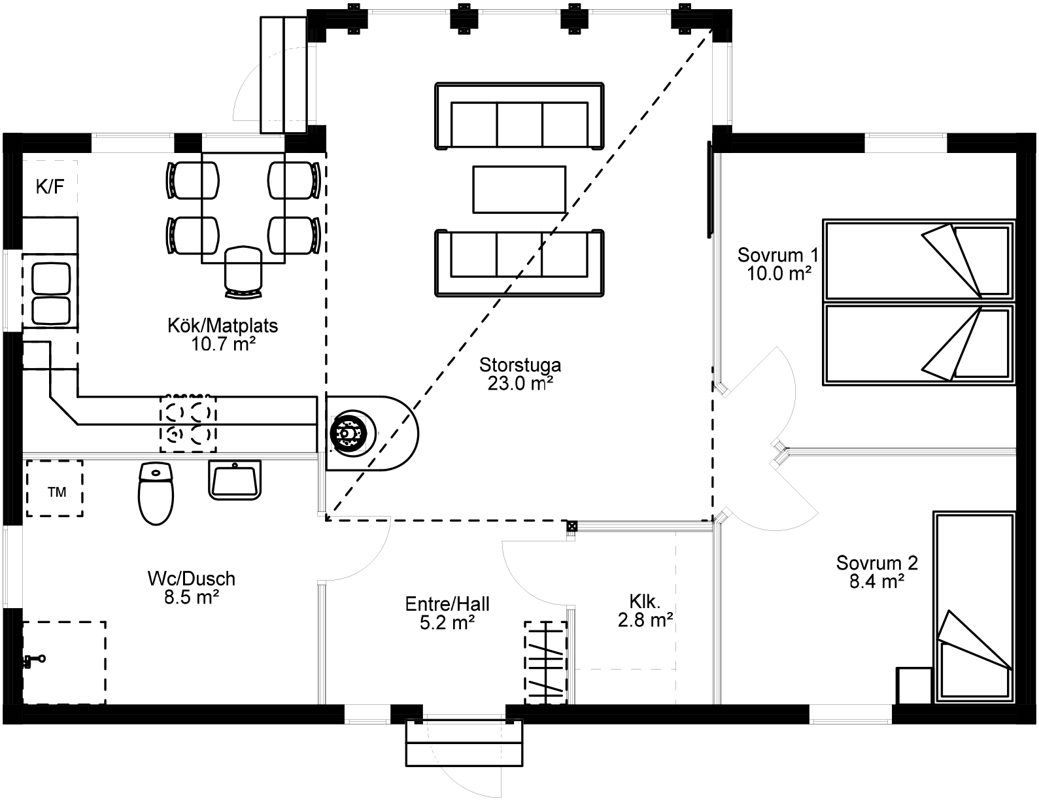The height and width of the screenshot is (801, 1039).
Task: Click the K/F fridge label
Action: (50, 188)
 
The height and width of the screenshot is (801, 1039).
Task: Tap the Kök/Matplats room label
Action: (222, 334)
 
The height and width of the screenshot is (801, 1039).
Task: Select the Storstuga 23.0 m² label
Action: (520, 373)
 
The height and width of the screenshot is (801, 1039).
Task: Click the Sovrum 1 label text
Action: (778, 264)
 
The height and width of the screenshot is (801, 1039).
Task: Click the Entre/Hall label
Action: (447, 613)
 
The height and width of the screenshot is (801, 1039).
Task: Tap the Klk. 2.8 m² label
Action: (645, 610)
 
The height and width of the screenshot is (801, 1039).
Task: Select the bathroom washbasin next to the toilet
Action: (235, 480)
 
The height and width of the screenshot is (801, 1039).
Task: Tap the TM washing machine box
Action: (55, 488)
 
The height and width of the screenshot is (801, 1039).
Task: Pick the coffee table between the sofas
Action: (519, 189)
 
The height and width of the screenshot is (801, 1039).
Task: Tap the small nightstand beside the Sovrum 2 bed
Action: (914, 685)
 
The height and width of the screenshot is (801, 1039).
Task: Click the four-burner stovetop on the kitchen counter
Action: (188, 422)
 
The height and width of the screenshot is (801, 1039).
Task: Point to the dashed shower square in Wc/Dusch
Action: (64, 662)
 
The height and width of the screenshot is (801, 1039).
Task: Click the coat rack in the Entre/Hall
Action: (545, 662)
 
